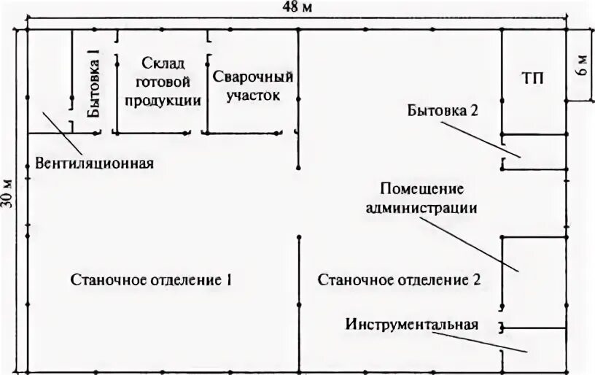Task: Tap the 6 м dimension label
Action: click(582, 67)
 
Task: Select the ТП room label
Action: click(533, 77)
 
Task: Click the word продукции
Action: click(163, 101)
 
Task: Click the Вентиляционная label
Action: click(95, 162)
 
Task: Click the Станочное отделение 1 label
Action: click(152, 279)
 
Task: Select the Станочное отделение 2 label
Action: click(400, 279)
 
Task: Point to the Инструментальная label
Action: click(413, 325)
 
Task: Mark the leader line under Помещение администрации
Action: click(478, 244)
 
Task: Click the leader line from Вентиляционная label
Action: click(57, 126)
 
